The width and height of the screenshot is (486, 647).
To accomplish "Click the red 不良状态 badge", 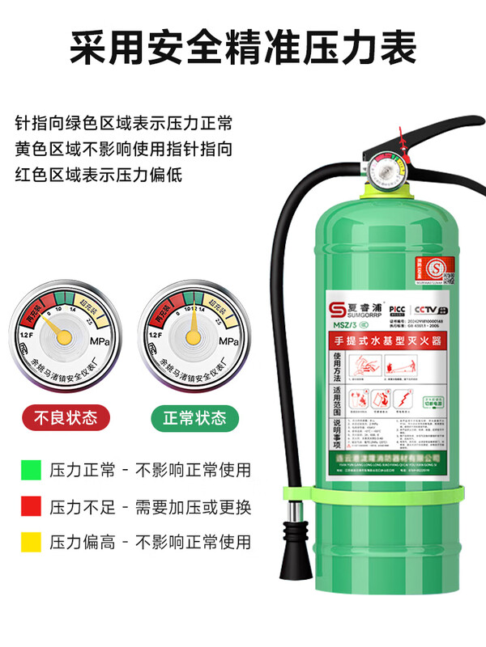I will pos(65,417).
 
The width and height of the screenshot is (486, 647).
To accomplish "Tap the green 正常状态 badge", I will pos(194,417).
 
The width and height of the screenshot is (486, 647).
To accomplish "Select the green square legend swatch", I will pos(30,469).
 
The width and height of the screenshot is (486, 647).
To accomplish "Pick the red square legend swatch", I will pos(30,507).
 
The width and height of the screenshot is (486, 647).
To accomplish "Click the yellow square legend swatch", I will pos(30,542).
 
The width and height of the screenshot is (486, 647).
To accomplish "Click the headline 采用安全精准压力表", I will pos(243,49).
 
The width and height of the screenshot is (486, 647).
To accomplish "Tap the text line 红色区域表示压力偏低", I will pos(99,174).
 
